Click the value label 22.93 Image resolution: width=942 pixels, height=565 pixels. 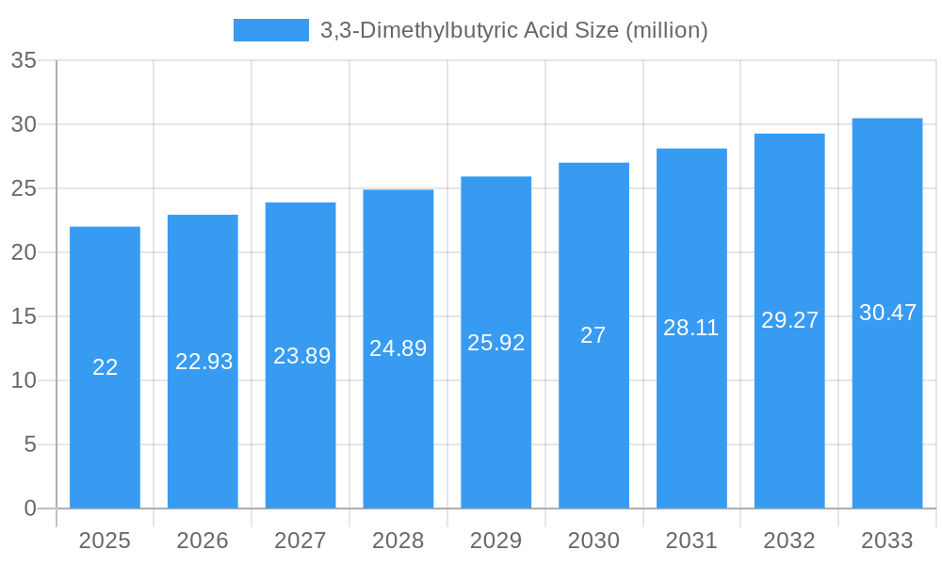click(203, 362)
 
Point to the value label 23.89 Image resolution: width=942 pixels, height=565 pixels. click(301, 356)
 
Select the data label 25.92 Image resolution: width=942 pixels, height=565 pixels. click(495, 343)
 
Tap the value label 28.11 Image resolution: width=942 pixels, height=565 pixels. click(690, 328)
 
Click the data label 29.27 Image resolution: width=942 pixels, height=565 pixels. click(789, 320)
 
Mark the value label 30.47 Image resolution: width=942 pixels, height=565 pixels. click(887, 313)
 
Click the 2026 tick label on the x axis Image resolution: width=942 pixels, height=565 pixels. click(203, 541)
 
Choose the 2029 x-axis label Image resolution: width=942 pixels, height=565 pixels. click(495, 541)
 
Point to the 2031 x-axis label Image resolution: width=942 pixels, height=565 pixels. click(691, 541)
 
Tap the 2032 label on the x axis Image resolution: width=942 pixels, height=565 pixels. click(789, 541)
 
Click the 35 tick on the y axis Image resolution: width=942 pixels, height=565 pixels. click(24, 61)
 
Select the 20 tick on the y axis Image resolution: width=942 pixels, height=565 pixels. click(24, 252)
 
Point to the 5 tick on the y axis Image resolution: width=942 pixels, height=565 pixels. click(30, 444)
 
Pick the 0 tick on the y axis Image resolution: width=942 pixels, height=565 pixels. click(30, 508)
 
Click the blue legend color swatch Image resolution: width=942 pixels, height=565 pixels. click(271, 30)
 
